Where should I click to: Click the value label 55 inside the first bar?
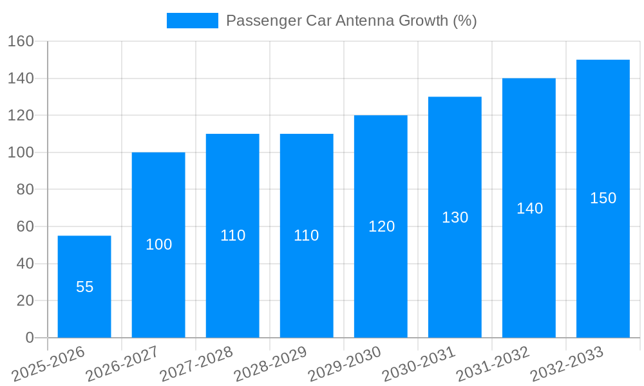84,287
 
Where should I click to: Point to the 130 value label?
455,217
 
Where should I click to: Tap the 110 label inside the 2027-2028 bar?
232,235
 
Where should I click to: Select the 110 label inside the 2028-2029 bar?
307,235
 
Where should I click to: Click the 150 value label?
603,198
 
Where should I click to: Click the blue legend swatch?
192,21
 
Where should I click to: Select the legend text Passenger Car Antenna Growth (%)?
351,21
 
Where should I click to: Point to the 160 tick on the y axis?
21,42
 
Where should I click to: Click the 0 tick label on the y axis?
29,338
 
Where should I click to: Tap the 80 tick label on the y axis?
24,190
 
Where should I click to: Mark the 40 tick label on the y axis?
24,264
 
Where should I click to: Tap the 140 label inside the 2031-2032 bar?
529,208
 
